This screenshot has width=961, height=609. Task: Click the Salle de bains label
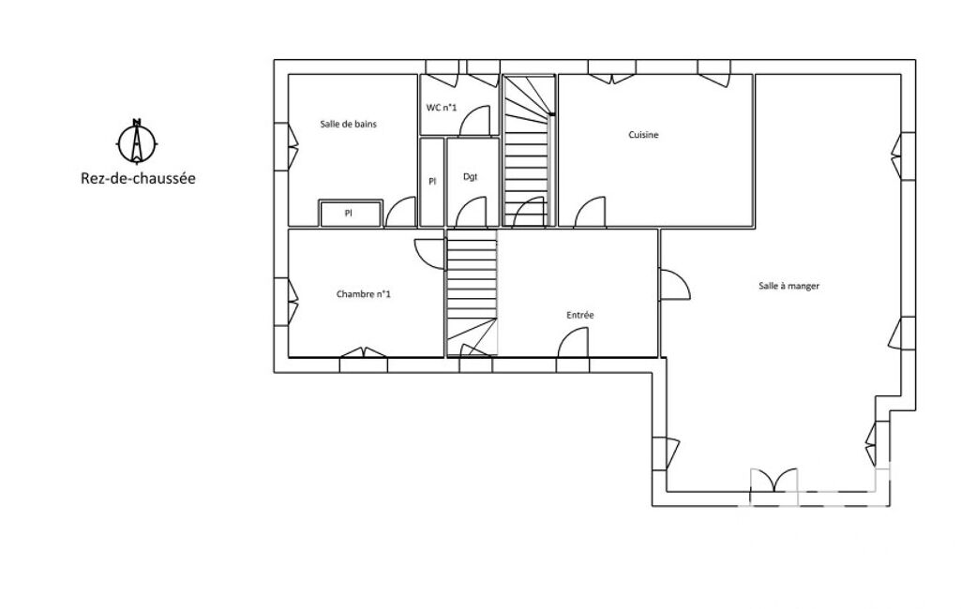coord(348,124)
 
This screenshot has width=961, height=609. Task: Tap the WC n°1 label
coord(442,108)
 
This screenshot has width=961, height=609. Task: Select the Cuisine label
coord(643,135)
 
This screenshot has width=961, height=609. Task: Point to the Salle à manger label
coord(788,286)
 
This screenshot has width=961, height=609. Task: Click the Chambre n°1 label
coord(364,294)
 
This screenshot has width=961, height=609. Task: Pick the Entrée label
coord(579,315)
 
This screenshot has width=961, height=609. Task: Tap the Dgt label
coord(470,177)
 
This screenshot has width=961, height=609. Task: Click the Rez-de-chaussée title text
coord(138,178)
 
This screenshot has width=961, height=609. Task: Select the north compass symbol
coord(137,141)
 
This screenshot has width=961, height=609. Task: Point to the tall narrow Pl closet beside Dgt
coord(432,182)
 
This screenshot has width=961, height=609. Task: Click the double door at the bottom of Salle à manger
coord(774,480)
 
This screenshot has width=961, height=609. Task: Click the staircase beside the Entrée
coord(472,293)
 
